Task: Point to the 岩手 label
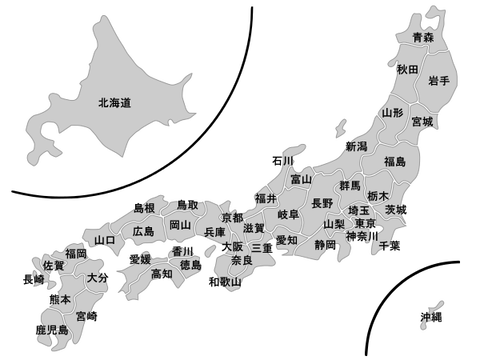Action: point(437,80)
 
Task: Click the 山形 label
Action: point(393,113)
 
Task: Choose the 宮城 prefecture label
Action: point(422,122)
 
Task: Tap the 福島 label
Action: point(394,161)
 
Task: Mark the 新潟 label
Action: point(355,146)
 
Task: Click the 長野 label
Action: point(322,202)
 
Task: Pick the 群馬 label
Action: point(350,186)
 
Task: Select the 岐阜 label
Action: point(288,215)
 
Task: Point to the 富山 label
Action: point(300,179)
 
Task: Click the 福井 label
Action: point(265,198)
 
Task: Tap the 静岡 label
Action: point(325,243)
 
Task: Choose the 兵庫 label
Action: point(214,232)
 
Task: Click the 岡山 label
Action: point(180,225)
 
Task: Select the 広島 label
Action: point(143,231)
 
